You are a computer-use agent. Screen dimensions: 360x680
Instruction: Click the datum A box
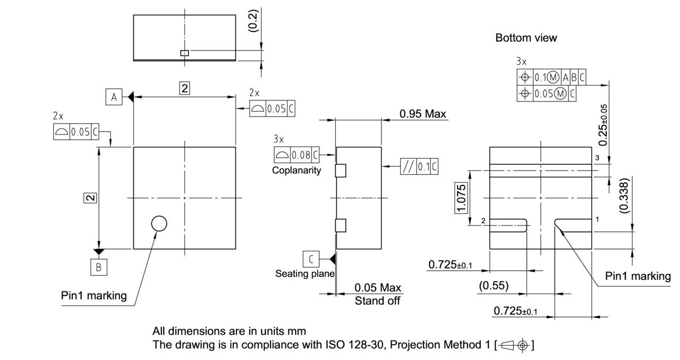(x=113, y=97)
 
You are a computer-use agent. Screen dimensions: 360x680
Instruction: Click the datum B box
(x=98, y=268)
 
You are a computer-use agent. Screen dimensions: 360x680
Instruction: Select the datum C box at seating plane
(x=311, y=259)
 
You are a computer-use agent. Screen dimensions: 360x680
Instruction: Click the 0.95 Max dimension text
(x=422, y=114)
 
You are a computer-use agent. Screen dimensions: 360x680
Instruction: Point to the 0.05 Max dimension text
(x=378, y=288)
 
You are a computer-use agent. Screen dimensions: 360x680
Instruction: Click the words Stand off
(x=378, y=301)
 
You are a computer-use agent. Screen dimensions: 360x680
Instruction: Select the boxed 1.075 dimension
(x=461, y=198)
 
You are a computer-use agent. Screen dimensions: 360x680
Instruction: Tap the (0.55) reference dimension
(x=493, y=286)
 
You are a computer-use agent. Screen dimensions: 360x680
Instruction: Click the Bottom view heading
(x=526, y=38)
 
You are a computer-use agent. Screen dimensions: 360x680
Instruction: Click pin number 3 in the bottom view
(x=597, y=158)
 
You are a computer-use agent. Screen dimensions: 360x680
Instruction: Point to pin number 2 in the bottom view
(x=483, y=220)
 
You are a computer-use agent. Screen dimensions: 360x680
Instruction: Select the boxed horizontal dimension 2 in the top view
(x=184, y=89)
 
